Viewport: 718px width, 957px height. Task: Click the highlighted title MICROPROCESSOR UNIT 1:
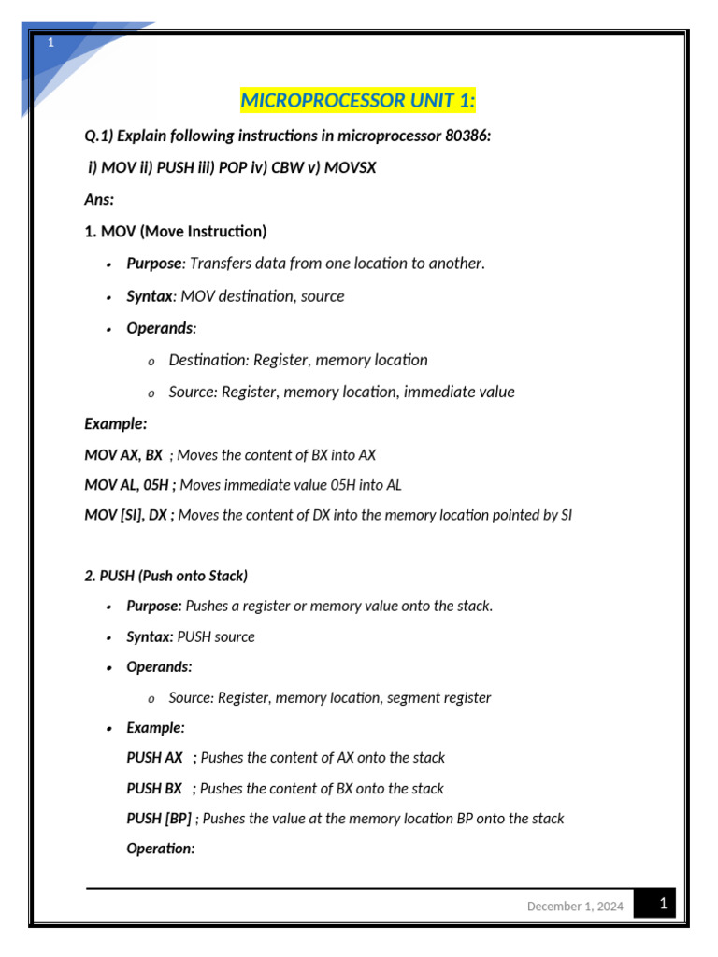coord(358,100)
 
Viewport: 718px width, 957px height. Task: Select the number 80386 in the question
coord(467,136)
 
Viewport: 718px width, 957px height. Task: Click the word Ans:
coord(99,200)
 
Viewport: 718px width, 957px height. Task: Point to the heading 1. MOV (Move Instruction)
coord(175,232)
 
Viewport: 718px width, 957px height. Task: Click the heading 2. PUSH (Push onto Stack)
coord(165,576)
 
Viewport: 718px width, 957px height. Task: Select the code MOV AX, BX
coord(123,455)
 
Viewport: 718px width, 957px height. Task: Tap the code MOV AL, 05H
coord(129,485)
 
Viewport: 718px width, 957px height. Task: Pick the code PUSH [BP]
coord(159,819)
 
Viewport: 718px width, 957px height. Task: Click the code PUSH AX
coord(154,758)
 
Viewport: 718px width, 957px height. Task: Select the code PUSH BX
coord(154,789)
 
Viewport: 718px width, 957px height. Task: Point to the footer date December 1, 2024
coord(575,907)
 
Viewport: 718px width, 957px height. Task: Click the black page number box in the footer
coord(662,904)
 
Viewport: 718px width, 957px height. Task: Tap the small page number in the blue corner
coord(51,43)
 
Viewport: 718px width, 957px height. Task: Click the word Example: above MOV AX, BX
coord(116,423)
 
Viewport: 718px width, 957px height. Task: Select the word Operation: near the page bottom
coord(161,849)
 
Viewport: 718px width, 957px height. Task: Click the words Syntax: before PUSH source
coord(150,637)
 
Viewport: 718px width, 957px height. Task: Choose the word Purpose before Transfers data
coord(153,264)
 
